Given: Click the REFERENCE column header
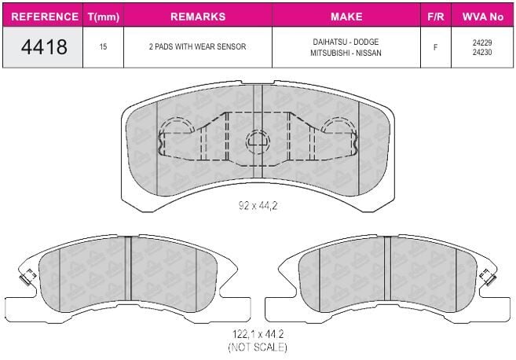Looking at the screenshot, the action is coord(45,17).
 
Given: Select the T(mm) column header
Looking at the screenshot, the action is coord(104,17).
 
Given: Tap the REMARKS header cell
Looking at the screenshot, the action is coord(198,17).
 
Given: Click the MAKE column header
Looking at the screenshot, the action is coord(346,17).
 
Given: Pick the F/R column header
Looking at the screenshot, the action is coord(436,17).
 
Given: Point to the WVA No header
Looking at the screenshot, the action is coord(483,17).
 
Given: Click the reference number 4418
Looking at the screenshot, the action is coord(44,47).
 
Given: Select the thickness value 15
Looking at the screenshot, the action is coord(103,47).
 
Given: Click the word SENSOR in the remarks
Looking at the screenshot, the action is coord(231,47).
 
